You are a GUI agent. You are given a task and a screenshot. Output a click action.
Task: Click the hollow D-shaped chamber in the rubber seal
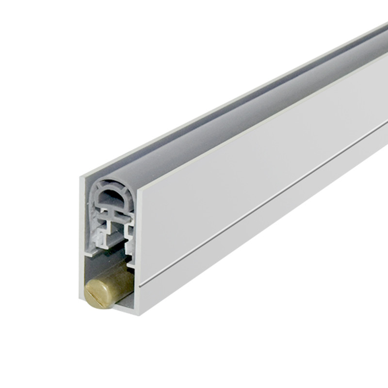coord(110,196)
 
